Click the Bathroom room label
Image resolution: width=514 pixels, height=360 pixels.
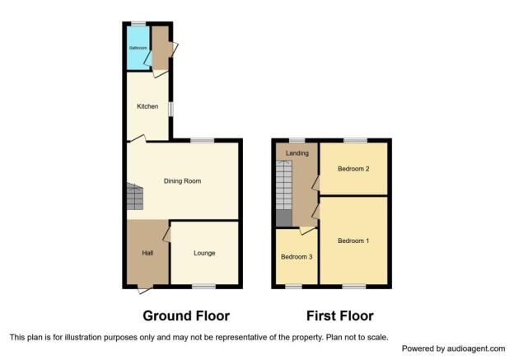138,48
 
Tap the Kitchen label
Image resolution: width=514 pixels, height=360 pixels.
147,106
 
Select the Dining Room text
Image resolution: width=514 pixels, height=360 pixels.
182,181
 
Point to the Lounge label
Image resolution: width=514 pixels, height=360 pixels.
204,253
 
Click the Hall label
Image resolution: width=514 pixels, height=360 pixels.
147,253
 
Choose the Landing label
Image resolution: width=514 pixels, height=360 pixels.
297,153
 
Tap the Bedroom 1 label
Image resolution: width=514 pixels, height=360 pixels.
353,241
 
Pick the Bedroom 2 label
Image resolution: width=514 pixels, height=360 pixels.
353,169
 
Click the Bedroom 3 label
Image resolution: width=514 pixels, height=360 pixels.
297,257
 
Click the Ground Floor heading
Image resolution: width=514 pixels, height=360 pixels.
186,316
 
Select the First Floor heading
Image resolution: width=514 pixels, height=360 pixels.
340,316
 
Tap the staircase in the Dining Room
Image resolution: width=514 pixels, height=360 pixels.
135,197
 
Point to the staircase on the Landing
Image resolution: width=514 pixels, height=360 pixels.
284,194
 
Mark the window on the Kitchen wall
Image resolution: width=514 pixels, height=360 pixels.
171,110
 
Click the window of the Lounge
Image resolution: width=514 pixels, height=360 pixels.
203,287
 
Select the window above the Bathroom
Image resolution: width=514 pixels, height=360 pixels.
138,24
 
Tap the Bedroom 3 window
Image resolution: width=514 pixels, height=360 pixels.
293,287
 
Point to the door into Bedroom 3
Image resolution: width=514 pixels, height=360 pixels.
306,231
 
